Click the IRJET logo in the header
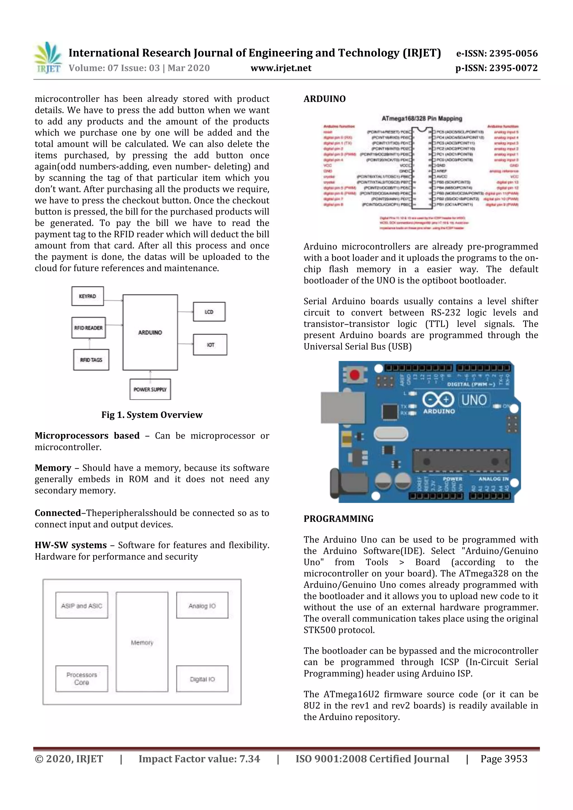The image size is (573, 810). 48,58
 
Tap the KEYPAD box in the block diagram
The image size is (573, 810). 88,296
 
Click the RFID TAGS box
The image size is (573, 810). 91,360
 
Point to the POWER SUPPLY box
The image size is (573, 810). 150,390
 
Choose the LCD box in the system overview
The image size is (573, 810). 209,312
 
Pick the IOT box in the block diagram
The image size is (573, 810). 210,345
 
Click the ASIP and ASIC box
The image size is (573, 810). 81,605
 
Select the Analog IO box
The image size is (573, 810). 202,605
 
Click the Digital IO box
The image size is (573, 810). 202,679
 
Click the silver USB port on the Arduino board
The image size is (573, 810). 342,408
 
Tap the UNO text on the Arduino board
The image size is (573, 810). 474,400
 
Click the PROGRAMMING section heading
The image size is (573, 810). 338,519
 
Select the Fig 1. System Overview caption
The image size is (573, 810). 152,415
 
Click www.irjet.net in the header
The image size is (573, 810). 281,68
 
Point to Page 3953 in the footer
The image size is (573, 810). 504,759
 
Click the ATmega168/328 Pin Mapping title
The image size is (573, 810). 421,118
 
